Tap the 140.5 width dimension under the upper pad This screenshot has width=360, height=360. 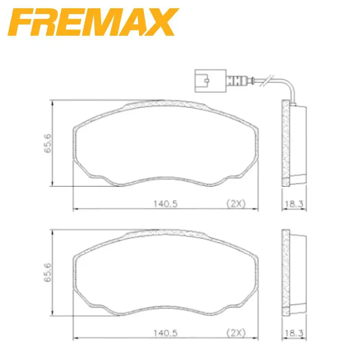tap(165, 204)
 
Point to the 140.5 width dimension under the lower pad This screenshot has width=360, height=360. tap(165, 333)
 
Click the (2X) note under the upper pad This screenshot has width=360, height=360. tap(235, 204)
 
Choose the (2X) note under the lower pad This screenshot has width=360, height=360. tap(235, 333)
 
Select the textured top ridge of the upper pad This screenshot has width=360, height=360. tap(166, 104)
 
